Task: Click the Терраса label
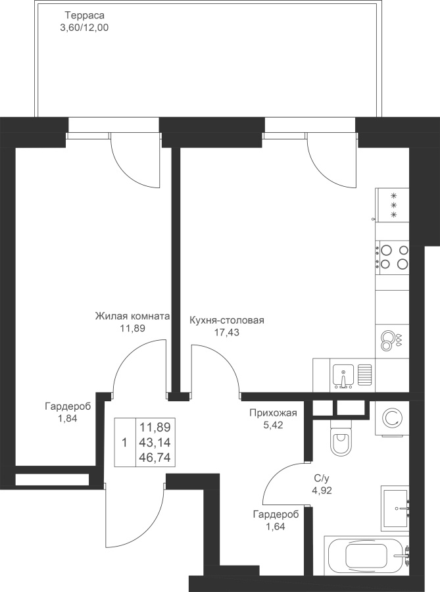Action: coord(85,16)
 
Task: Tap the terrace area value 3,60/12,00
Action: coord(84,28)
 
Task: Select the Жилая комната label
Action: coord(132,316)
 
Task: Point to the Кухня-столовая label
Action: coord(226,320)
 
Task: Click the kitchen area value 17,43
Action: coord(226,332)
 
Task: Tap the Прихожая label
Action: coord(273,413)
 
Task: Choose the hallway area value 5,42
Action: coord(273,425)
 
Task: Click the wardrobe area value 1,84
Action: coord(67,418)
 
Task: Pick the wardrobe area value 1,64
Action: coord(276,526)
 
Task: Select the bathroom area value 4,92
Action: coord(322,491)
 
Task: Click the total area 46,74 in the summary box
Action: coord(155,458)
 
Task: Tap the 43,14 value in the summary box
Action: coord(155,443)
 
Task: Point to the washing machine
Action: coord(393,418)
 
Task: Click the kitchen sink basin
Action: coord(343,376)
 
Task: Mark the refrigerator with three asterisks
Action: coord(393,205)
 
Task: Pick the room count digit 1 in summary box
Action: coord(125,443)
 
